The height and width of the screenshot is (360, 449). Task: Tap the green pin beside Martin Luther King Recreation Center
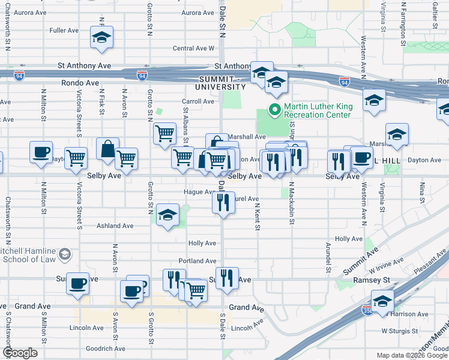pos(275,110)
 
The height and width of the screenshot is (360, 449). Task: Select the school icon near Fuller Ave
pos(101,38)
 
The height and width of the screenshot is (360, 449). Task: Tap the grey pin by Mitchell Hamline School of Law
pos(64,255)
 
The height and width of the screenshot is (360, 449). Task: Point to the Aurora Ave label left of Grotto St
pos(32,12)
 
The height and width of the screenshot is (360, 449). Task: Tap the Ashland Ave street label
pos(115,226)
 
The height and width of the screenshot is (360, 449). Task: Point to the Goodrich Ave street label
pos(106,348)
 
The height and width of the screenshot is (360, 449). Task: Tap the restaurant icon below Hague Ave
pos(223,203)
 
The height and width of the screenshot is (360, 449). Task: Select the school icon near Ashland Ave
pos(168,215)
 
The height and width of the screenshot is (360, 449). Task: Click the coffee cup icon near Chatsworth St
pos(41,152)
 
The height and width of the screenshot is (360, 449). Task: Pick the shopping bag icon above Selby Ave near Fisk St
pos(107,149)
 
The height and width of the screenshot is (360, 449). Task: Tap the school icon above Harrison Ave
pos(382,301)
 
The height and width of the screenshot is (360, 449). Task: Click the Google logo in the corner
pos(20,353)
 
